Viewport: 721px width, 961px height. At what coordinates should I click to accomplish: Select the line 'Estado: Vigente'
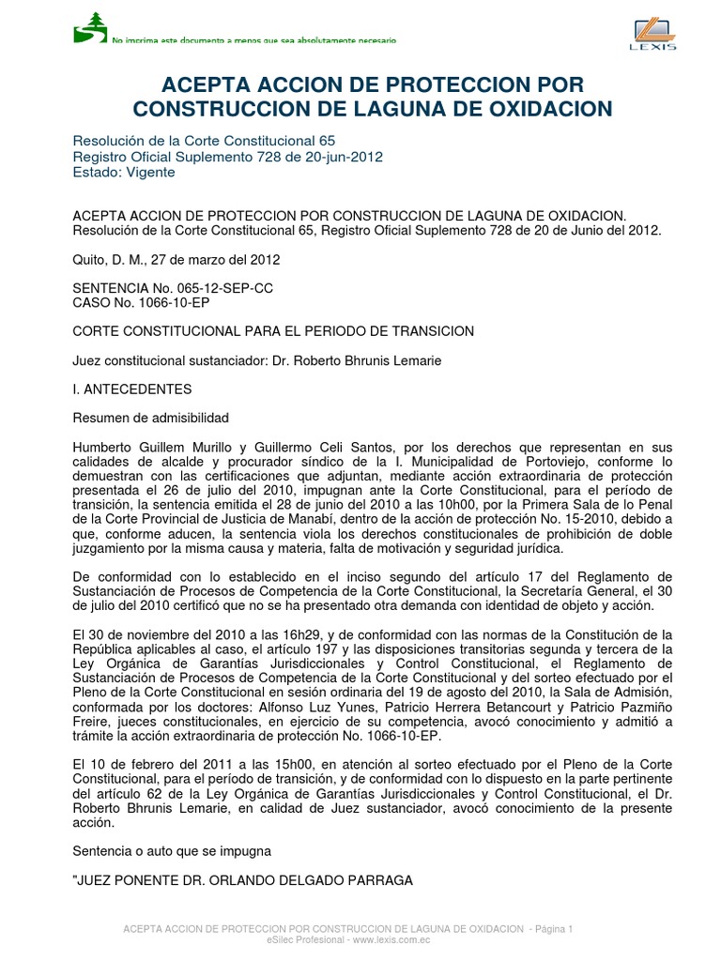pos(124,172)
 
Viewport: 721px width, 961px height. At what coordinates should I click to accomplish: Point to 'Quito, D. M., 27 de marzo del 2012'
pos(176,259)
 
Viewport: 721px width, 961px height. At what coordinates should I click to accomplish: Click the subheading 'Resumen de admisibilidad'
pos(150,418)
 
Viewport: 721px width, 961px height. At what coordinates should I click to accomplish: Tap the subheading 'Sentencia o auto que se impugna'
pos(171,851)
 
